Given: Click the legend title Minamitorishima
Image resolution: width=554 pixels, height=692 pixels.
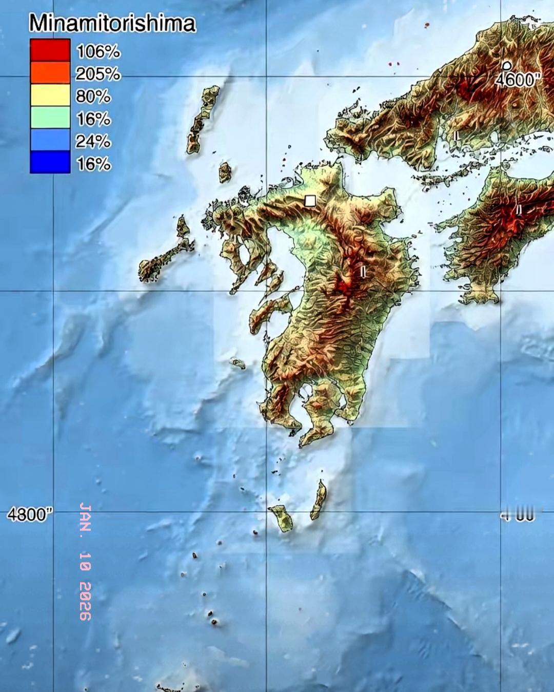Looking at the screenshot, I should [x=112, y=24].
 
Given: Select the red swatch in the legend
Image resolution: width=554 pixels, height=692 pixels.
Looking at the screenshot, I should [x=50, y=50].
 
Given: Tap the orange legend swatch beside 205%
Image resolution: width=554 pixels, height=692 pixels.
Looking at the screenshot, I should [x=50, y=73].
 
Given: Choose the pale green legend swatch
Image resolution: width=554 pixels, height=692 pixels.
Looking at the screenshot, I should [x=50, y=118].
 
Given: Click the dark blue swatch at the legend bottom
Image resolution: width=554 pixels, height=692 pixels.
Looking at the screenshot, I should [x=50, y=162].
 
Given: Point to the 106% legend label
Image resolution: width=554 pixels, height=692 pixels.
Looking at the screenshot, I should [x=98, y=51].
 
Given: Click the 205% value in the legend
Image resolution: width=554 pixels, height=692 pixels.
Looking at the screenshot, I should [x=98, y=74].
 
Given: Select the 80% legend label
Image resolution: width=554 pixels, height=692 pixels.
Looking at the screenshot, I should [x=93, y=96].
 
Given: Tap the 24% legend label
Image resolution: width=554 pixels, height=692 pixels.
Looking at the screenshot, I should [x=93, y=141].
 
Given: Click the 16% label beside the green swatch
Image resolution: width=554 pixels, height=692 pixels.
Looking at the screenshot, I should [x=93, y=119].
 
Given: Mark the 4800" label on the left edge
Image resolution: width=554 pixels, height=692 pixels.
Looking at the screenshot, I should [x=30, y=515].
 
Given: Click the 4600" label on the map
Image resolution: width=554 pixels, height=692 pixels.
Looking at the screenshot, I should [x=519, y=81].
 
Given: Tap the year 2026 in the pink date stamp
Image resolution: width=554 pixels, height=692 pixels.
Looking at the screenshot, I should [x=85, y=601].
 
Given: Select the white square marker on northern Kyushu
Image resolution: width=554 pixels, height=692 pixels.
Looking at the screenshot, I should [x=310, y=201].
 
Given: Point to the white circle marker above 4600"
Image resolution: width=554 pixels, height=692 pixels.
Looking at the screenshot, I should [x=507, y=65].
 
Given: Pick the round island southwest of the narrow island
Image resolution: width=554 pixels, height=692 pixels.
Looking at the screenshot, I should [x=282, y=517].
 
